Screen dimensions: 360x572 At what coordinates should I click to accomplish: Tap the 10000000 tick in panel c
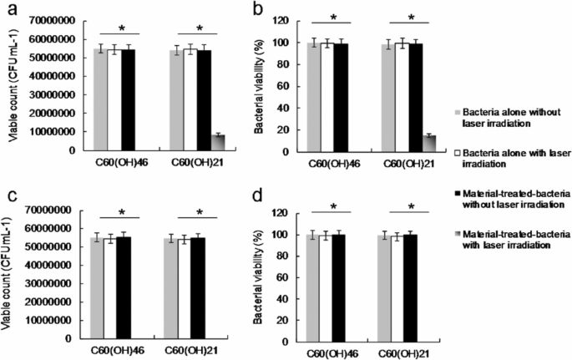[49, 322]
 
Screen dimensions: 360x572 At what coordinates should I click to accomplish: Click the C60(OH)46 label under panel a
[113, 163]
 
